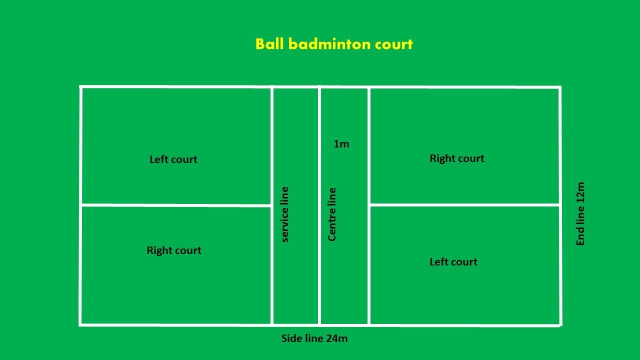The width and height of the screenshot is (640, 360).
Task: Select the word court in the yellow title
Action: (394, 44)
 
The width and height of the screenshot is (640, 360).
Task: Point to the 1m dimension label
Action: (341, 144)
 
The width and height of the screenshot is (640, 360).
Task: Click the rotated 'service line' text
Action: (284, 214)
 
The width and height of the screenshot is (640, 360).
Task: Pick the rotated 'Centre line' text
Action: (332, 214)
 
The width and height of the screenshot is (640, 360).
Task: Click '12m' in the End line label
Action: (580, 192)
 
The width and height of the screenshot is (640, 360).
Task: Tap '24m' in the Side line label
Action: (336, 338)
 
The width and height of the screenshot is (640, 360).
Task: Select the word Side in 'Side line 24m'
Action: (292, 338)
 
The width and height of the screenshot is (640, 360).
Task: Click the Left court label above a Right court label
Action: (173, 159)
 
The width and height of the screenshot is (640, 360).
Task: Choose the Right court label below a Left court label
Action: (174, 250)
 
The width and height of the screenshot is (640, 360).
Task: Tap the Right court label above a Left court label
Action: (457, 158)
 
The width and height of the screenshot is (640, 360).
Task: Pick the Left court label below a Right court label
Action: (453, 262)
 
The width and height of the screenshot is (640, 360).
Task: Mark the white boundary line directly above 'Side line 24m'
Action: (314, 325)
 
